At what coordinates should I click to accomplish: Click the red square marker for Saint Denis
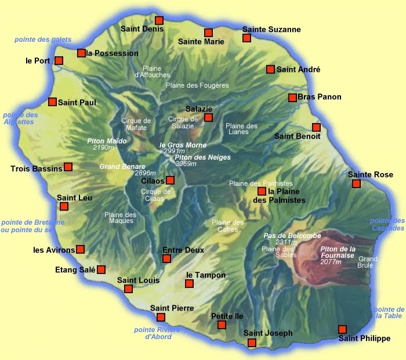(159, 20)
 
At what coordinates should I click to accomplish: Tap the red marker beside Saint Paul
(53, 102)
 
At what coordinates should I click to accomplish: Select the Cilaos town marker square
(170, 180)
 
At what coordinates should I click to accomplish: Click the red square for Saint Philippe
(343, 329)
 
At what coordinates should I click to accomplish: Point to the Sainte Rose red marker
(356, 184)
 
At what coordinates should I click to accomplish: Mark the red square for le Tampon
(189, 283)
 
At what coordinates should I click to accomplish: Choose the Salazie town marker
(209, 118)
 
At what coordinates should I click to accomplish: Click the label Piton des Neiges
(202, 157)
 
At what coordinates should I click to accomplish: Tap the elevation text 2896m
(144, 173)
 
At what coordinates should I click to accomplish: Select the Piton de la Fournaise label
(340, 253)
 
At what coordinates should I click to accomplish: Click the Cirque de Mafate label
(136, 124)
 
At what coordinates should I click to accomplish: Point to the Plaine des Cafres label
(227, 226)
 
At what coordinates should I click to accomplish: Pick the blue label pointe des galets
(43, 39)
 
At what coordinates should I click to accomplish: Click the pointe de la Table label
(389, 312)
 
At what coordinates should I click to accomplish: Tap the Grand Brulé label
(368, 262)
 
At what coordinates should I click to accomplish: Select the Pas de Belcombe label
(284, 236)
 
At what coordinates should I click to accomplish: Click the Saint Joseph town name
(268, 333)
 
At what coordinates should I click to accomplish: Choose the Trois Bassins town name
(36, 169)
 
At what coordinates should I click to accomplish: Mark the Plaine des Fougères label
(197, 85)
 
